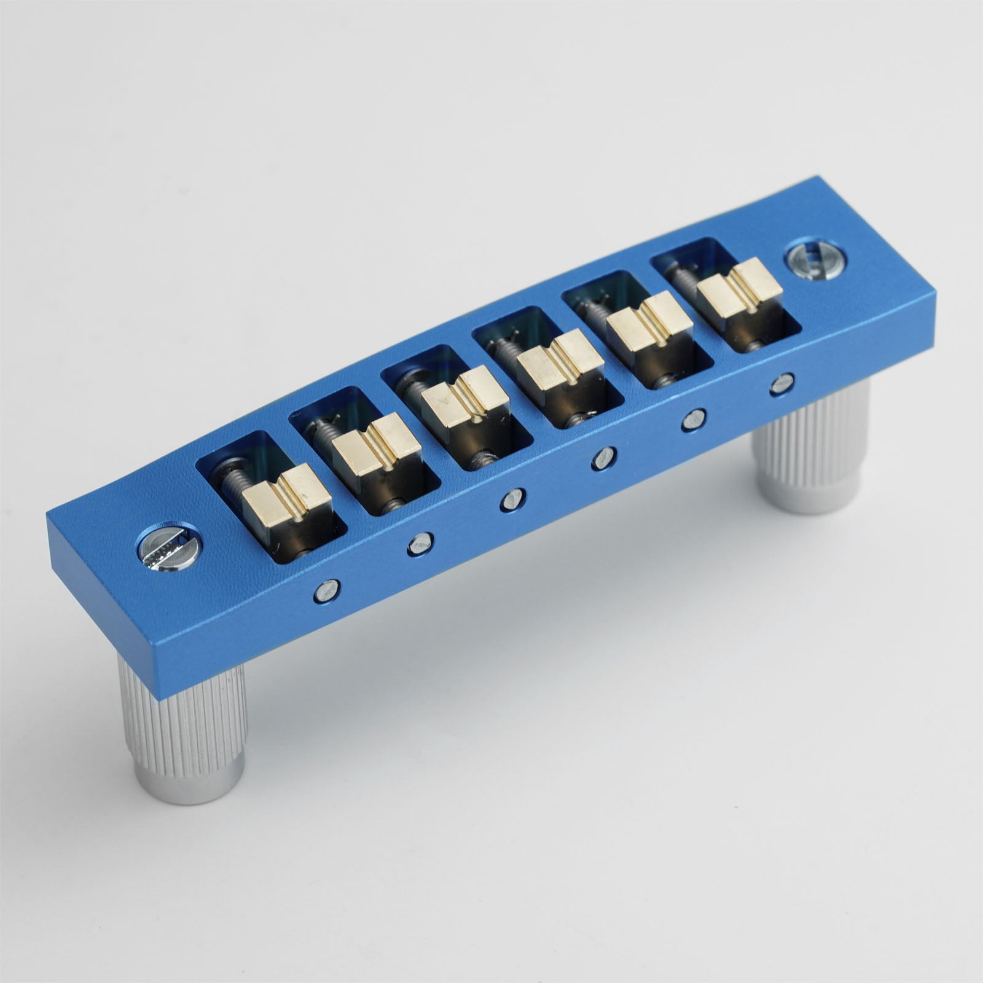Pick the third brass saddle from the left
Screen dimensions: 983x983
[x=465, y=398]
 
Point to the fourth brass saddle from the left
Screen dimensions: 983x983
[x=557, y=359]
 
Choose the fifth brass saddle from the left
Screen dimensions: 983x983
[x=649, y=322]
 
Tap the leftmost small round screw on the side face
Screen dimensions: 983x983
[x=326, y=591]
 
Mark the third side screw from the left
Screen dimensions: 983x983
[x=512, y=499]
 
